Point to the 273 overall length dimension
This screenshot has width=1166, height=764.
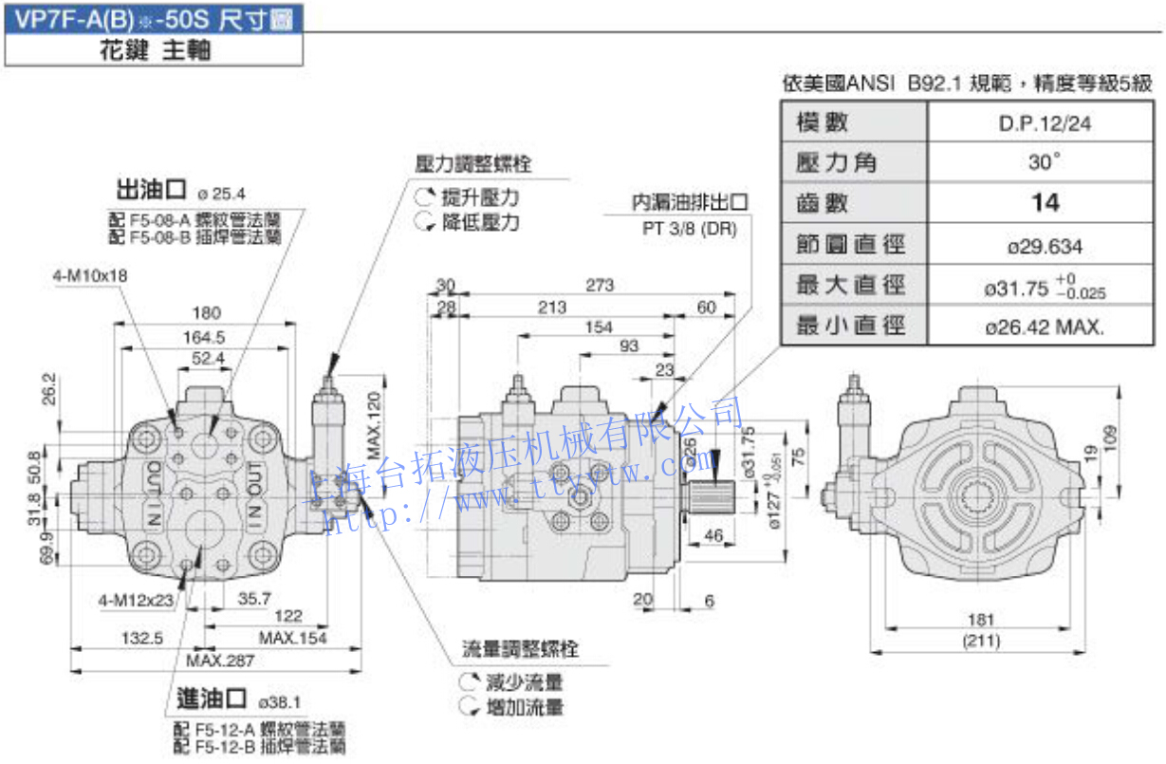tap(600, 285)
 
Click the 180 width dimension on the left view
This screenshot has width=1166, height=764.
tap(206, 313)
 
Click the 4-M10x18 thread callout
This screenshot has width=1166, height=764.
tap(90, 275)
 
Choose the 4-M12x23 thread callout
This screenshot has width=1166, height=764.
tap(137, 600)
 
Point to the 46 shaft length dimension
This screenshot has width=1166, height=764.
tap(713, 536)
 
